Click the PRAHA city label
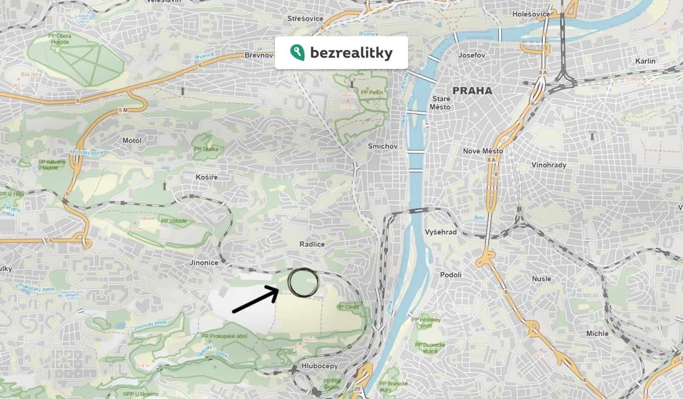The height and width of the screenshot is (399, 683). click(472, 91)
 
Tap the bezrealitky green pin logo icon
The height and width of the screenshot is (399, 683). click(297, 52)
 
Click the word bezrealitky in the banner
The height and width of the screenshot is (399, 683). click(351, 53)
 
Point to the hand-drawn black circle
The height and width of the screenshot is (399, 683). click(303, 282)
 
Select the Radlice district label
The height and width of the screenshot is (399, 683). click(312, 244)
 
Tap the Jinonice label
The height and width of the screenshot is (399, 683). click(204, 262)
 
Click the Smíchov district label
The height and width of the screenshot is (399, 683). click(382, 146)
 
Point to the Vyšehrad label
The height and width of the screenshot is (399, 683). click(441, 232)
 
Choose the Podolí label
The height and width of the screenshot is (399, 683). click(451, 275)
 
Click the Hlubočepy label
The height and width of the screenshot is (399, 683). click(319, 366)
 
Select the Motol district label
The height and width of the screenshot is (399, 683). click(132, 140)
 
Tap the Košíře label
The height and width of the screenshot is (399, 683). click(207, 177)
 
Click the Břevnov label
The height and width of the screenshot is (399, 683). click(259, 55)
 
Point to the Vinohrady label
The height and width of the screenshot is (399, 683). click(549, 165)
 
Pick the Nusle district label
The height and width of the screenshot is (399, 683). click(541, 279)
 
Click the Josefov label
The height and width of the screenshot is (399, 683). click(472, 55)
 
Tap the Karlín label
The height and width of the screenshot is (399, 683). click(645, 61)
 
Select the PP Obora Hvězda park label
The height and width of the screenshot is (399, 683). click(60, 39)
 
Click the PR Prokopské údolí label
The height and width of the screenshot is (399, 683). click(224, 336)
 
